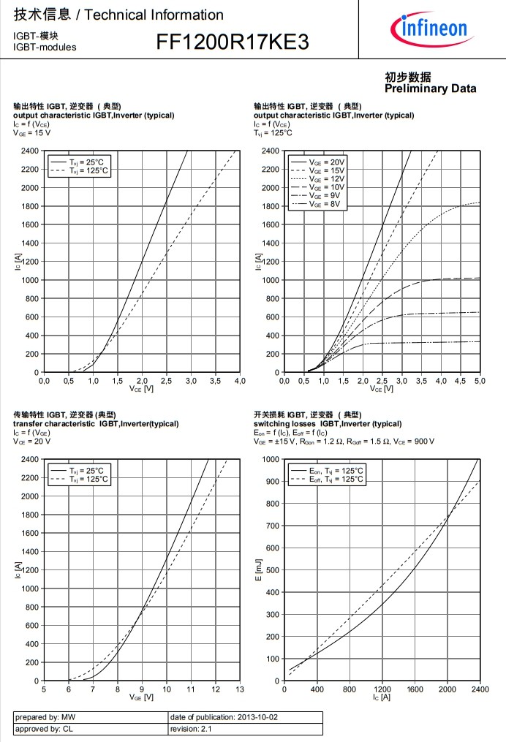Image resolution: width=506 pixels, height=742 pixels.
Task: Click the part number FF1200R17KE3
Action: tap(232, 43)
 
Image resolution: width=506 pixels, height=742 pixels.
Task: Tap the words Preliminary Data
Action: tap(430, 88)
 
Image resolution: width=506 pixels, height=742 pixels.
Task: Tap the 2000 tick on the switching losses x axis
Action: tap(448, 689)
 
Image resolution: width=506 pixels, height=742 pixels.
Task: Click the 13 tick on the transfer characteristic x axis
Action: tap(241, 689)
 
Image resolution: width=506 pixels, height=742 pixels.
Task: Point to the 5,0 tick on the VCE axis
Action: tap(480, 381)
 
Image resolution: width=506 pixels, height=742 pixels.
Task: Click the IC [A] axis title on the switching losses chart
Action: tap(382, 697)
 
